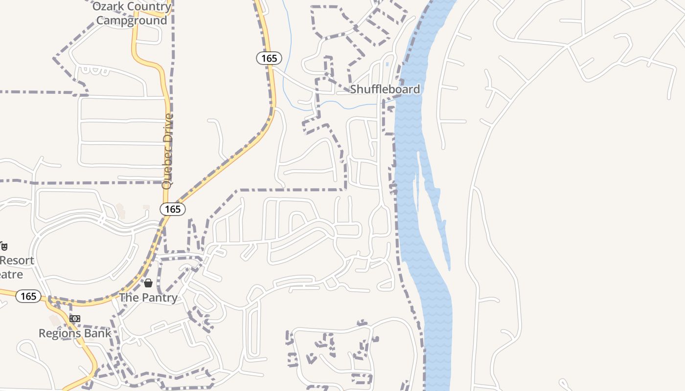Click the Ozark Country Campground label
click(x=132, y=14)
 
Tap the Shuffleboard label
click(x=385, y=89)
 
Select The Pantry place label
click(x=148, y=298)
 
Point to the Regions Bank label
click(x=75, y=333)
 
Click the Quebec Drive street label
click(x=168, y=152)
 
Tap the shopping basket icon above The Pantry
click(x=148, y=283)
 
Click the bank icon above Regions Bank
click(x=75, y=319)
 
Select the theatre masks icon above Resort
click(x=3, y=246)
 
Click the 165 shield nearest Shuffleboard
click(x=269, y=59)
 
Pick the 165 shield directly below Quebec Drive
click(x=173, y=209)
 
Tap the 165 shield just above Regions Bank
click(x=28, y=296)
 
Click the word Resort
click(x=17, y=261)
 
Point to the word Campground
click(x=132, y=21)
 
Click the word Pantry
click(x=159, y=298)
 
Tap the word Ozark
click(x=106, y=7)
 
